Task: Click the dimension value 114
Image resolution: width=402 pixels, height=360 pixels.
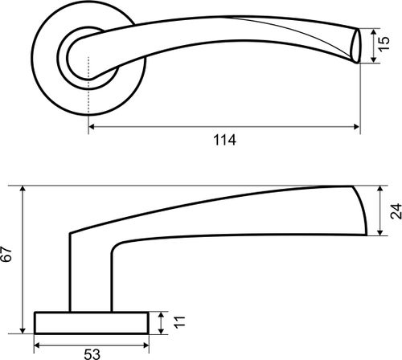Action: (x=224, y=140)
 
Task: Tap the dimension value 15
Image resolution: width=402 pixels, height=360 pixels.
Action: (x=384, y=43)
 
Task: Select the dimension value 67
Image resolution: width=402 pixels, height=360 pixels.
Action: (x=6, y=255)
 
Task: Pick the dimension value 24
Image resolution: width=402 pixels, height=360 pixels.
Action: (x=396, y=211)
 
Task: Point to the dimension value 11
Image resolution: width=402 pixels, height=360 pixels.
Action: (x=179, y=322)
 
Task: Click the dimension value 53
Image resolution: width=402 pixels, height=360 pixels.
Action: (x=92, y=354)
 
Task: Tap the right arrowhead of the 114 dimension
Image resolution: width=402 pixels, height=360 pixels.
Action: (x=356, y=127)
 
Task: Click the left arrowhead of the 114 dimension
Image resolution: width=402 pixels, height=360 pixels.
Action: (x=92, y=127)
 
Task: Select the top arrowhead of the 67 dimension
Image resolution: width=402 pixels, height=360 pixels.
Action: (x=23, y=188)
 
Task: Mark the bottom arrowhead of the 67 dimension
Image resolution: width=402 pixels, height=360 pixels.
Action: (x=23, y=330)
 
